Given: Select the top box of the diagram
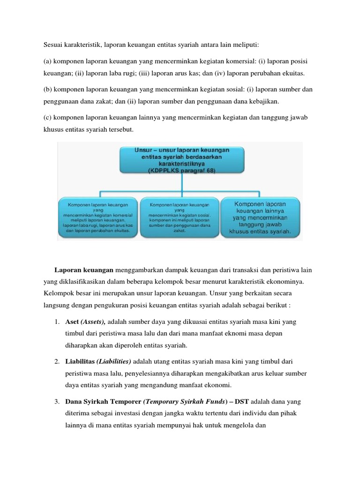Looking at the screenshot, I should [x=181, y=160].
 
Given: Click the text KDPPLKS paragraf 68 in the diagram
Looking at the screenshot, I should [x=182, y=172].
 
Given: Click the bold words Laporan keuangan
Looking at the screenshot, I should [x=84, y=270].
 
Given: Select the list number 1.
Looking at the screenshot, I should [x=55, y=322].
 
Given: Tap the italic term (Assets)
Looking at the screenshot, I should [x=93, y=322].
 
